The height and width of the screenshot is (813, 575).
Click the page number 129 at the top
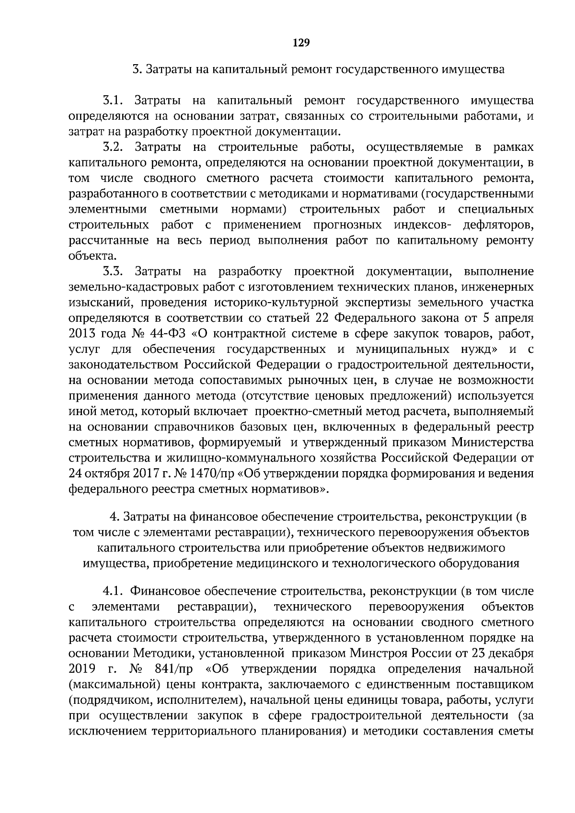301,43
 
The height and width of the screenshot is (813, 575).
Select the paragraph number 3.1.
114,101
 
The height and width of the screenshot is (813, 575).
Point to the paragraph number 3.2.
114,147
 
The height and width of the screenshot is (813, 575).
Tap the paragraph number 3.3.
114,271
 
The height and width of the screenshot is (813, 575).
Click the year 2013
83,334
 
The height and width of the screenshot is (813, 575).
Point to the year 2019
83,669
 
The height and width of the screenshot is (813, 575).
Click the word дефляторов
498,225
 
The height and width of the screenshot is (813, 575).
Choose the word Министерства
497,442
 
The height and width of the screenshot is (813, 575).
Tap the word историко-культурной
273,303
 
